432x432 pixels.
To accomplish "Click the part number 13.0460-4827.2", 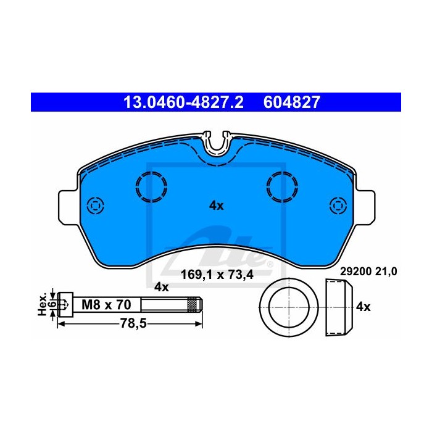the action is pos(183,102).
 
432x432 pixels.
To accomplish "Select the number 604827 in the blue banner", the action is pos(292,102).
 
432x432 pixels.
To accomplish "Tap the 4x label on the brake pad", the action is pos(216,206).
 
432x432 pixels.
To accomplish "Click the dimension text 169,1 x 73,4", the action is pos(217,275).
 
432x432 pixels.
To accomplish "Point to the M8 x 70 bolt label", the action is pos(106,305).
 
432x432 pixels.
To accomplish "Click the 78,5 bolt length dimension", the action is pos(133,323).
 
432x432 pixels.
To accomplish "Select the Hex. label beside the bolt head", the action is pos(43,305).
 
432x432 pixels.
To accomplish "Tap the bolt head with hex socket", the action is pos(65,304).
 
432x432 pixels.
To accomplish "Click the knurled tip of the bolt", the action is pos(194,304).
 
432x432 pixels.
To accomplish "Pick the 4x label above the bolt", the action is pos(162,287).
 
